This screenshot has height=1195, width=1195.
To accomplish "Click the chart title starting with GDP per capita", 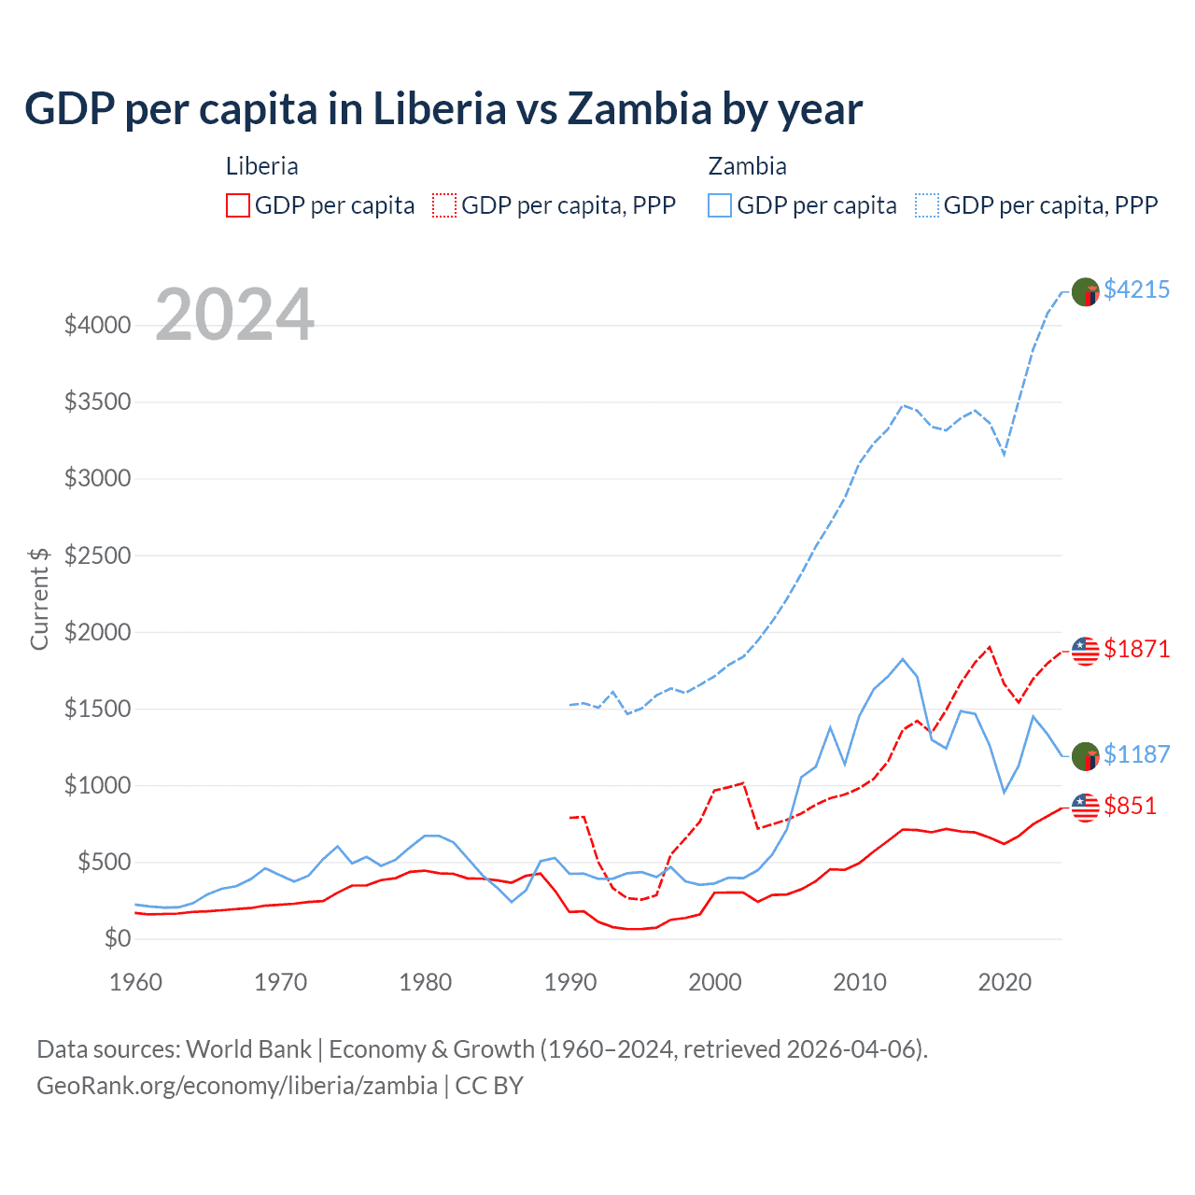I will click(x=443, y=109).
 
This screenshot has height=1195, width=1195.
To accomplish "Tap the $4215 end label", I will click(x=1136, y=290).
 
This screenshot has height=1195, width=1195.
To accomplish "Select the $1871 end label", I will click(x=1136, y=649).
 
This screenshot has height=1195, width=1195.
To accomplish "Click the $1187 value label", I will click(x=1136, y=754).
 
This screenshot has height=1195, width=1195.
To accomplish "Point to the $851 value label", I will click(x=1130, y=806).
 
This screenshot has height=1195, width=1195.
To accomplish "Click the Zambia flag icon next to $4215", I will click(x=1085, y=291).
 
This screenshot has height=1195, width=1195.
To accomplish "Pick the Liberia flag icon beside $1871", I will click(x=1085, y=651).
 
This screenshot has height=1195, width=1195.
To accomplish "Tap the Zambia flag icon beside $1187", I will click(x=1085, y=756).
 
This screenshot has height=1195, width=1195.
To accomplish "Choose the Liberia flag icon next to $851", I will click(x=1085, y=808).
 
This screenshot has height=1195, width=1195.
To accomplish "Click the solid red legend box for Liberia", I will click(x=238, y=205).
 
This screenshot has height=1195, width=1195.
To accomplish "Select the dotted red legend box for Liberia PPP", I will click(x=444, y=205).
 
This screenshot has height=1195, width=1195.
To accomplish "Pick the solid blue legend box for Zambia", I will click(x=720, y=205).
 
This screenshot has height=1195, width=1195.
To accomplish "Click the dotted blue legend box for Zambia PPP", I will click(x=927, y=205).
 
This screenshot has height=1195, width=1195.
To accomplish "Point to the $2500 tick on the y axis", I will click(x=97, y=555).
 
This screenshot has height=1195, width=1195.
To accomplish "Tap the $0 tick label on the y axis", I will click(x=117, y=938).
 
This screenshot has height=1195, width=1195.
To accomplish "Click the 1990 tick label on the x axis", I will click(x=570, y=982).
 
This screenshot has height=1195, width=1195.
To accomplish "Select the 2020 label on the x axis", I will click(x=1005, y=982).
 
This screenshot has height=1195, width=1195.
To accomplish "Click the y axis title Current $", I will click(x=39, y=598).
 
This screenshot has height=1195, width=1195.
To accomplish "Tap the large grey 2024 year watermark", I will click(x=234, y=315).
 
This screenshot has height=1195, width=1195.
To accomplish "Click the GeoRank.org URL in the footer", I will click(x=237, y=1086).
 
